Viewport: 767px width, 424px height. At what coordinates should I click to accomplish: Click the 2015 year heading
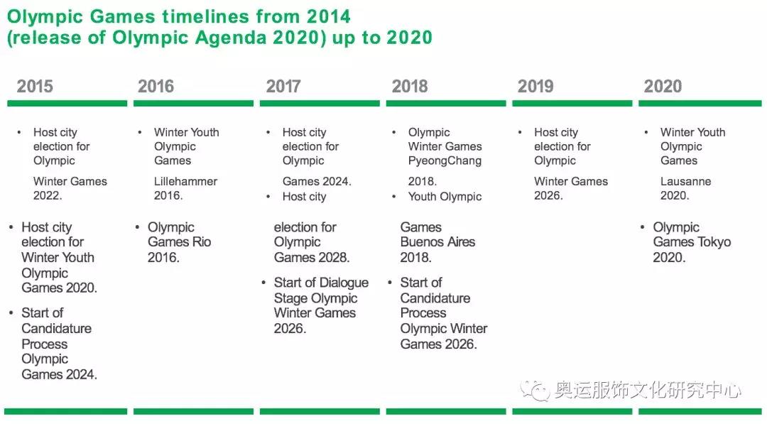(35, 87)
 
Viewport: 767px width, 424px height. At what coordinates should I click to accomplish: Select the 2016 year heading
(156, 87)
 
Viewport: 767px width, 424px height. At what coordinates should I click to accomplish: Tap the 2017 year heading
(283, 87)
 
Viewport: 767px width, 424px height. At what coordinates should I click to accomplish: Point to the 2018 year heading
(410, 87)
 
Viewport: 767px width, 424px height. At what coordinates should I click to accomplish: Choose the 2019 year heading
(535, 87)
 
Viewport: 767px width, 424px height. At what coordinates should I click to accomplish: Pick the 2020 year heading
(663, 87)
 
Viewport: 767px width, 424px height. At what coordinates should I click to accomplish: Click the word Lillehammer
(185, 181)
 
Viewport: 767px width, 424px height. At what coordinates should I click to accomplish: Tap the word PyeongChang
(445, 161)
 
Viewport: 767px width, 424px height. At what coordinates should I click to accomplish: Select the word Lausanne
(685, 181)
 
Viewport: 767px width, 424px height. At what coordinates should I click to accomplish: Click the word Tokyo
(715, 242)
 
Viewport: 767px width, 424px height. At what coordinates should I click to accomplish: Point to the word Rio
(201, 241)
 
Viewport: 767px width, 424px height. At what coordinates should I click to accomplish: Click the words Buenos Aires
(437, 241)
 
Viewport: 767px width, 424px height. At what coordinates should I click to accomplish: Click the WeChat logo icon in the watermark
(535, 390)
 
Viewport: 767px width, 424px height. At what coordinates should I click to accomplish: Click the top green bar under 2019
(572, 103)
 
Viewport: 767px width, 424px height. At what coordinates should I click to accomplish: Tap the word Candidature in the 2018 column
(435, 298)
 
